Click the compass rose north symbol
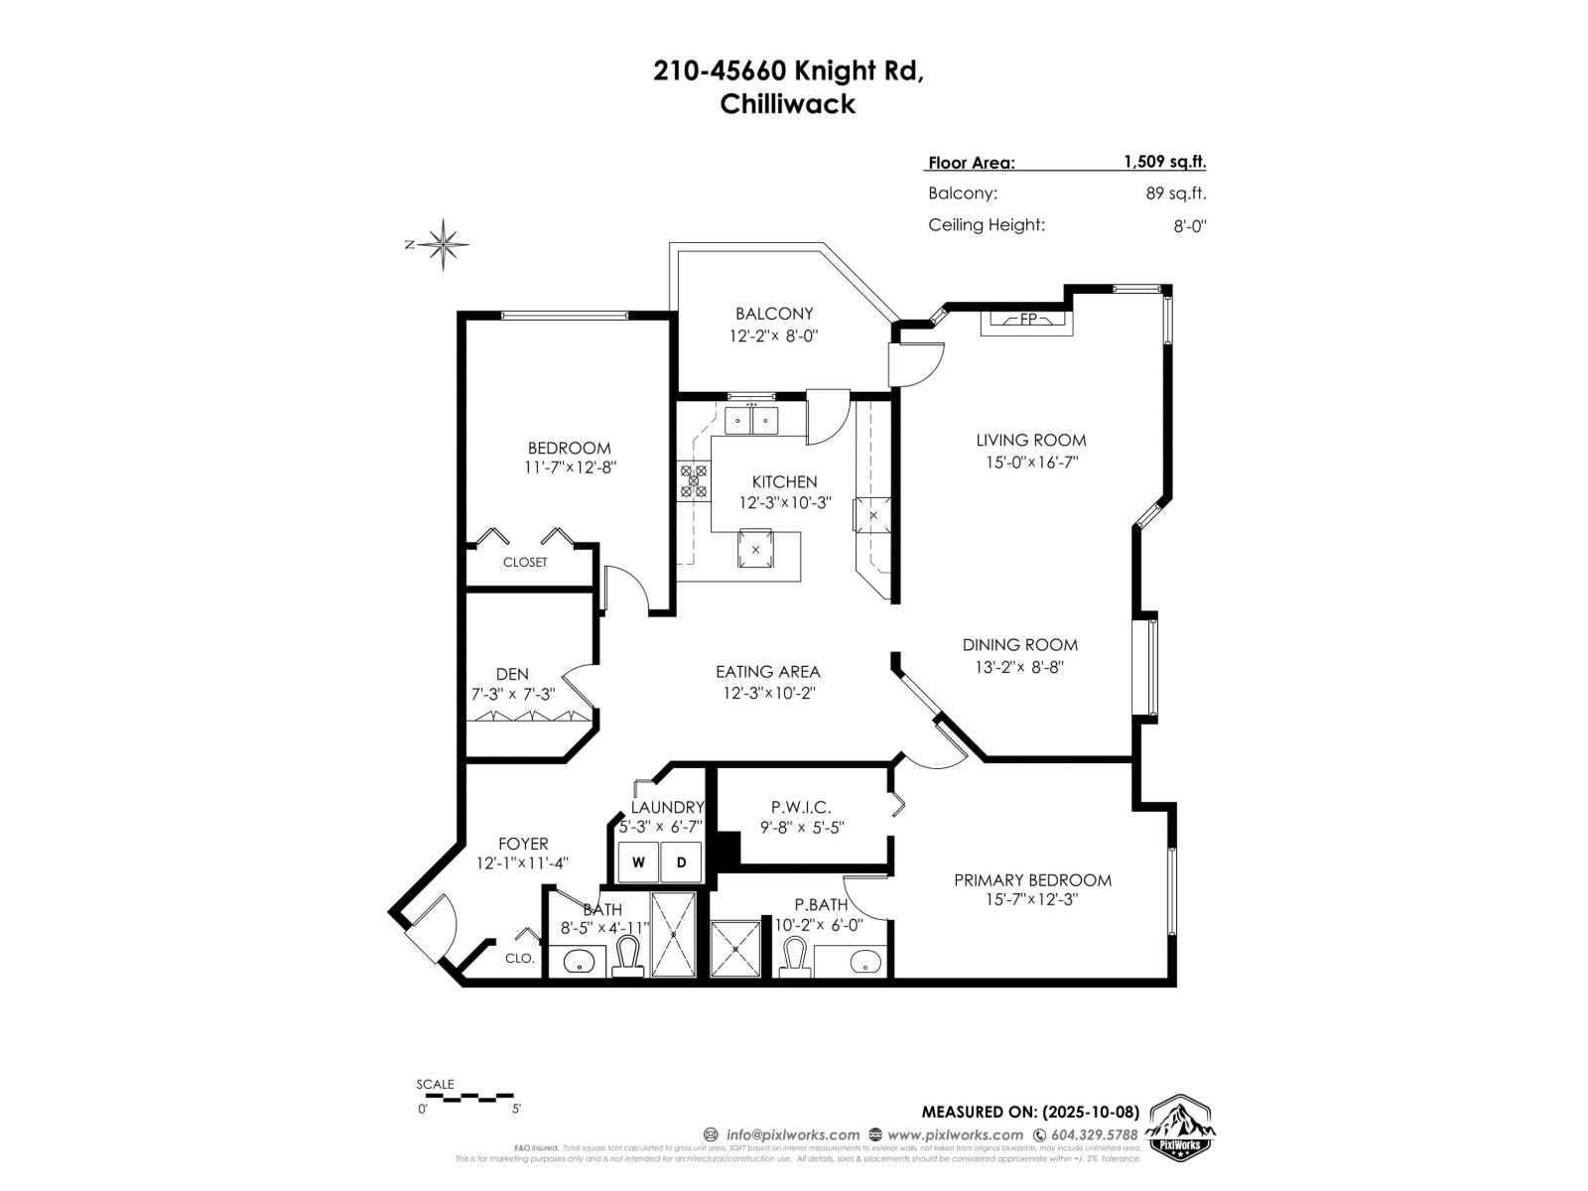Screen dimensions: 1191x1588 point(443,243)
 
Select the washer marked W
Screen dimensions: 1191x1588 point(638,862)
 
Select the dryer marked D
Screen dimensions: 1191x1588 point(682,862)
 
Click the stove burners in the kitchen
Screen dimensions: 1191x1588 point(693,480)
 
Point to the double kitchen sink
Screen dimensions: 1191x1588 point(751,420)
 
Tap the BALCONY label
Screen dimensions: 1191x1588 point(774,314)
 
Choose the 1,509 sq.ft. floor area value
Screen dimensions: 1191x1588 point(1164,162)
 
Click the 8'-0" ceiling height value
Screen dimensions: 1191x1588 point(1189,225)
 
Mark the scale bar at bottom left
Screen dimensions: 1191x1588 point(465,1098)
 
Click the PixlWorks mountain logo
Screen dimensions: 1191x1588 point(1180,1126)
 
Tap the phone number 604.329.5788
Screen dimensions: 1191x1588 point(1096,1134)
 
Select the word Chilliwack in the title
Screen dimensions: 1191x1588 point(787,104)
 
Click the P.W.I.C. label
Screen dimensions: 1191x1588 point(800,808)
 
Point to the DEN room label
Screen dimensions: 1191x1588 point(512,674)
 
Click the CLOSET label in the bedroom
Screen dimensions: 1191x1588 point(524,562)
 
